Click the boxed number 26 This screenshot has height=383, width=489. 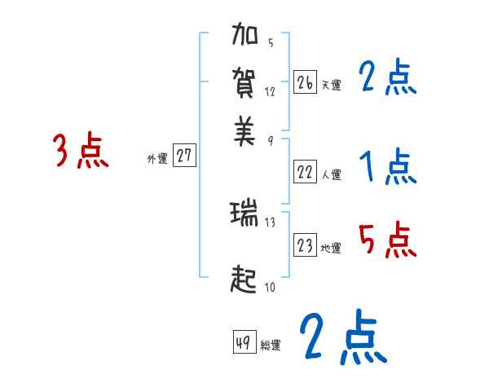tap(305, 81)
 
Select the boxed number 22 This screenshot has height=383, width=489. tap(305, 171)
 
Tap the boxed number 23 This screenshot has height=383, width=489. tap(305, 245)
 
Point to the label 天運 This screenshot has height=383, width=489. tap(331, 84)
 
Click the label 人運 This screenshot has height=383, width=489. tap(331, 174)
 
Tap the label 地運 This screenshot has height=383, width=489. tap(331, 248)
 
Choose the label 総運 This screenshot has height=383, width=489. tap(271, 345)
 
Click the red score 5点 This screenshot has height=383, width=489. tap(387, 241)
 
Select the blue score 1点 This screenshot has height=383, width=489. tap(387, 168)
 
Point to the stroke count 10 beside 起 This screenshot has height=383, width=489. tap(270, 286)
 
